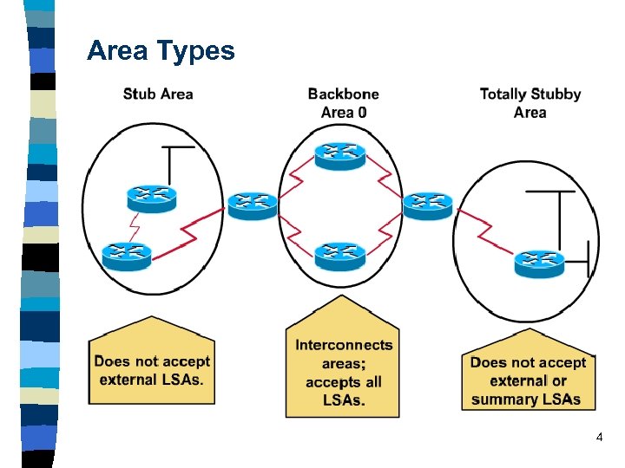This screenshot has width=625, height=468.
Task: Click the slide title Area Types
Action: [161, 51]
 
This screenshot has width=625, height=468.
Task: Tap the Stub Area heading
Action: [158, 94]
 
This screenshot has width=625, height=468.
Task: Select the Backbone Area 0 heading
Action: [343, 102]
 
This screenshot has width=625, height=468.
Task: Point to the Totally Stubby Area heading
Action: [530, 102]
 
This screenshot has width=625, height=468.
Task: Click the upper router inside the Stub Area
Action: [151, 198]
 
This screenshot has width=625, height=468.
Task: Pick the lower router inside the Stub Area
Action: [127, 254]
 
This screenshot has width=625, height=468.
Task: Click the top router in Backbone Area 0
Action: [340, 154]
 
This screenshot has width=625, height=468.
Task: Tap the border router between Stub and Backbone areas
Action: [253, 205]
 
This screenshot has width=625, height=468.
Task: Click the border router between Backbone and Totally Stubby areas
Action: [428, 205]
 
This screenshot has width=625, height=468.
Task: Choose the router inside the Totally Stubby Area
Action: [539, 261]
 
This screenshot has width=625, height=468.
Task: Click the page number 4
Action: [599, 439]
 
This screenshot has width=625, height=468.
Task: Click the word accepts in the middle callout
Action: [332, 381]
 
